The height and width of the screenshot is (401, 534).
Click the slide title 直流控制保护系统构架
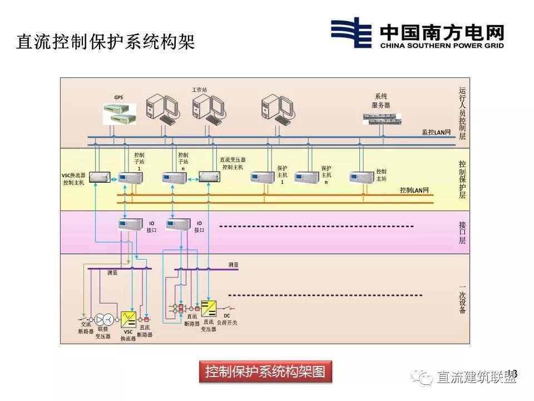click(105, 42)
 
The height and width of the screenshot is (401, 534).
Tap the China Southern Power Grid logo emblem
click(351, 33)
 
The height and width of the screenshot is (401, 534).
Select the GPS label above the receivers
click(118, 97)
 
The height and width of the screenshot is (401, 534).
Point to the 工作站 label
click(199, 89)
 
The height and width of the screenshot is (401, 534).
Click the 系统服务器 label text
click(381, 100)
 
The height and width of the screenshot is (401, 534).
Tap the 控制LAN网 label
click(414, 190)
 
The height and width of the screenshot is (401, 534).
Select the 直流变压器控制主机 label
click(233, 163)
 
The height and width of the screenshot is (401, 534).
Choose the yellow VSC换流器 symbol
click(128, 319)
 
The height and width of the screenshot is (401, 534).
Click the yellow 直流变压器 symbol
click(209, 308)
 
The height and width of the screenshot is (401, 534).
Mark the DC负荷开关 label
click(226, 319)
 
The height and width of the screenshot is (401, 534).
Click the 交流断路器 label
click(86, 327)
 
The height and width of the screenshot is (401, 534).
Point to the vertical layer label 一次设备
click(462, 299)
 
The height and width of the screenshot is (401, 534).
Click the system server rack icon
click(381, 117)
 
